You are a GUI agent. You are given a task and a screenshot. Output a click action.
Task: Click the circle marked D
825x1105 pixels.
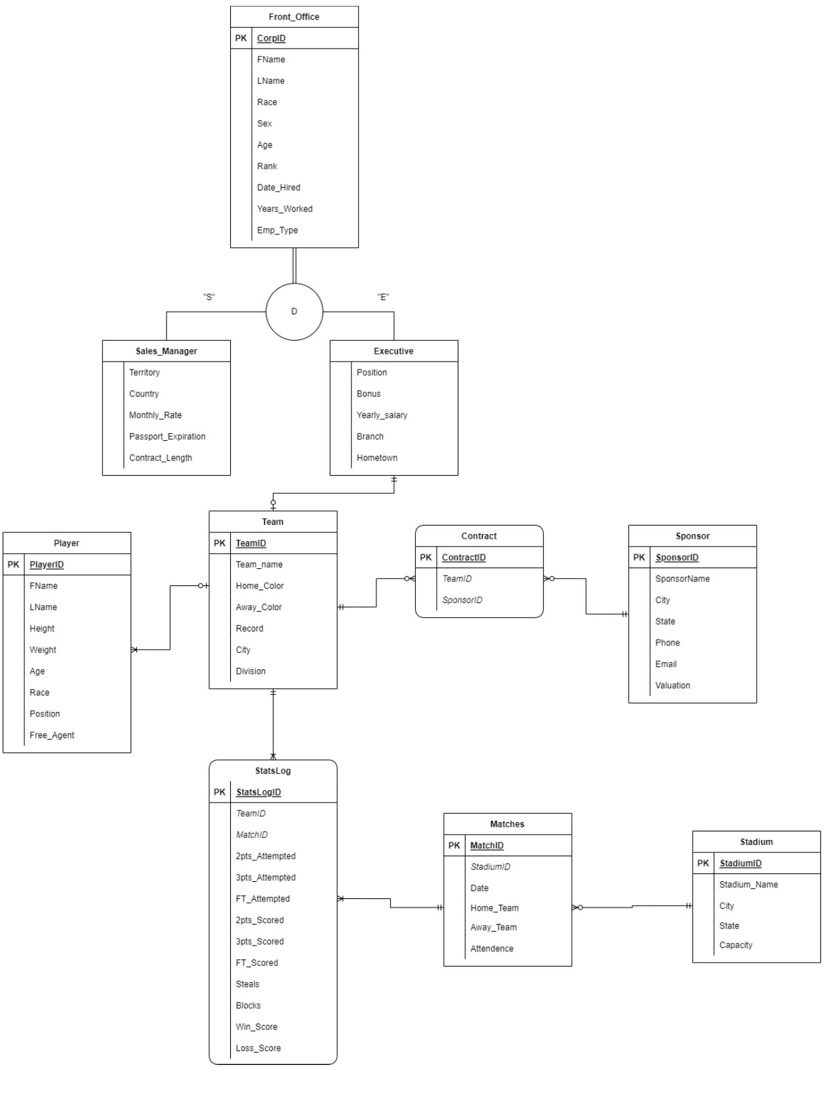(x=294, y=312)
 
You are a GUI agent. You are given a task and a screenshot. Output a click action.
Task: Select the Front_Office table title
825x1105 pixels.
(x=294, y=17)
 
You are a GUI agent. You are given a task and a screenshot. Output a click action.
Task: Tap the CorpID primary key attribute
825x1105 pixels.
(x=271, y=38)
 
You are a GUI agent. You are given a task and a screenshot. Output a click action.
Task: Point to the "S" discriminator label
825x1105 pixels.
(x=209, y=297)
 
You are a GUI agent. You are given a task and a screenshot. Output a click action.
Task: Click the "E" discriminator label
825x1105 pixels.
(x=383, y=297)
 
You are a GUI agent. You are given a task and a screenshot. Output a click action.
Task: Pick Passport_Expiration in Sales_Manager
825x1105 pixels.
(x=167, y=436)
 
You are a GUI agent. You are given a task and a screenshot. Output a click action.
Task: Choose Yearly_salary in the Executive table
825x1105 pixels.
(x=382, y=415)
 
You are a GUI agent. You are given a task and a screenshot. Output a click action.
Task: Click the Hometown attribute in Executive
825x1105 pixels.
(x=376, y=458)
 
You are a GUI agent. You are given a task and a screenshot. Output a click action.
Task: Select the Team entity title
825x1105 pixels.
(x=273, y=522)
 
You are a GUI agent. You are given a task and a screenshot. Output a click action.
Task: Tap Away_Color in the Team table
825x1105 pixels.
(x=258, y=607)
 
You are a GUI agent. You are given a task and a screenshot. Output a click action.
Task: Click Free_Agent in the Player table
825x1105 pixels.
(x=52, y=735)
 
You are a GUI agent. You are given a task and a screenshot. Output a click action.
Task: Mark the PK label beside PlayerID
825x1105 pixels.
(x=14, y=564)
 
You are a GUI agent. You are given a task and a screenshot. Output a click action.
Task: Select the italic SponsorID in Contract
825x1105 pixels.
(x=462, y=600)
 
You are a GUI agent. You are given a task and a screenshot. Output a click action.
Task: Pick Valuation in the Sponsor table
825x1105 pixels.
(x=672, y=685)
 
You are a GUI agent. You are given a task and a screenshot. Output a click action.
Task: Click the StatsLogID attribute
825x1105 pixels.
(x=258, y=792)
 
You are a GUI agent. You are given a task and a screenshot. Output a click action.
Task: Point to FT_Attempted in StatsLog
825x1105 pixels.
(x=262, y=899)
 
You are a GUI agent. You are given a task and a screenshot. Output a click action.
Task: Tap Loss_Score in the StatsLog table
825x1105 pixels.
(x=258, y=1048)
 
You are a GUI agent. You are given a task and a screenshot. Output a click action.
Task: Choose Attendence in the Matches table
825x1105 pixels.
(x=491, y=948)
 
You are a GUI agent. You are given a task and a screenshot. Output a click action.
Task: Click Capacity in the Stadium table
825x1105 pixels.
(x=735, y=945)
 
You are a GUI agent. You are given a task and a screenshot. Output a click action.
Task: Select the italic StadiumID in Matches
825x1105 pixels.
(x=490, y=867)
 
